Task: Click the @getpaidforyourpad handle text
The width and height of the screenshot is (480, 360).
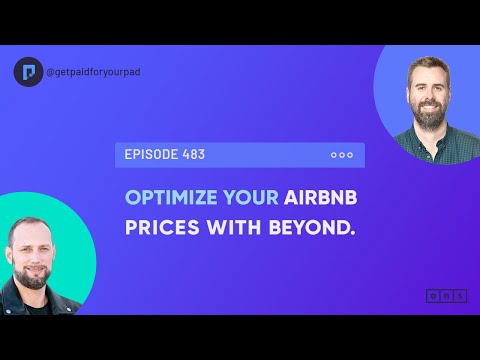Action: pos(89,72)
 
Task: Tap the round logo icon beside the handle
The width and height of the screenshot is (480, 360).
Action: pos(29,72)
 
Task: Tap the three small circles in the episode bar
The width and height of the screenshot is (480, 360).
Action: pos(341,155)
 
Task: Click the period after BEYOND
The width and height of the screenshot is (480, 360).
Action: pos(354,236)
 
